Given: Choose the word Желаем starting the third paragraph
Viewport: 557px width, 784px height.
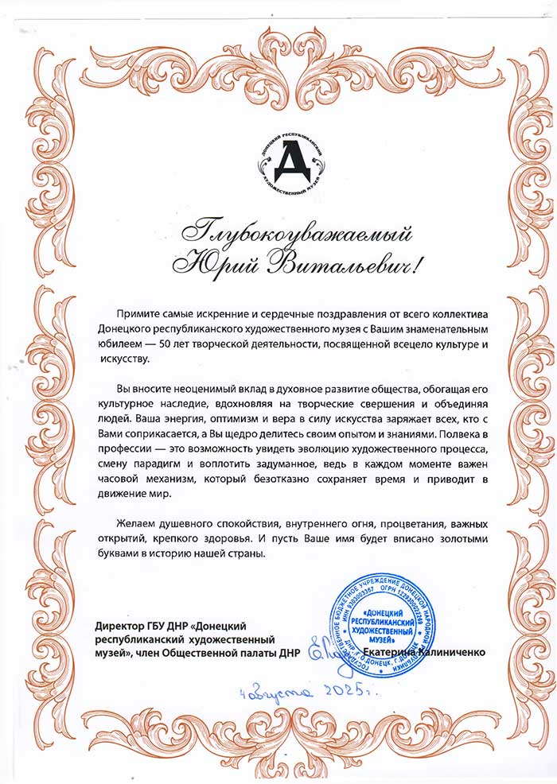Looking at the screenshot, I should pos(136,525).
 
